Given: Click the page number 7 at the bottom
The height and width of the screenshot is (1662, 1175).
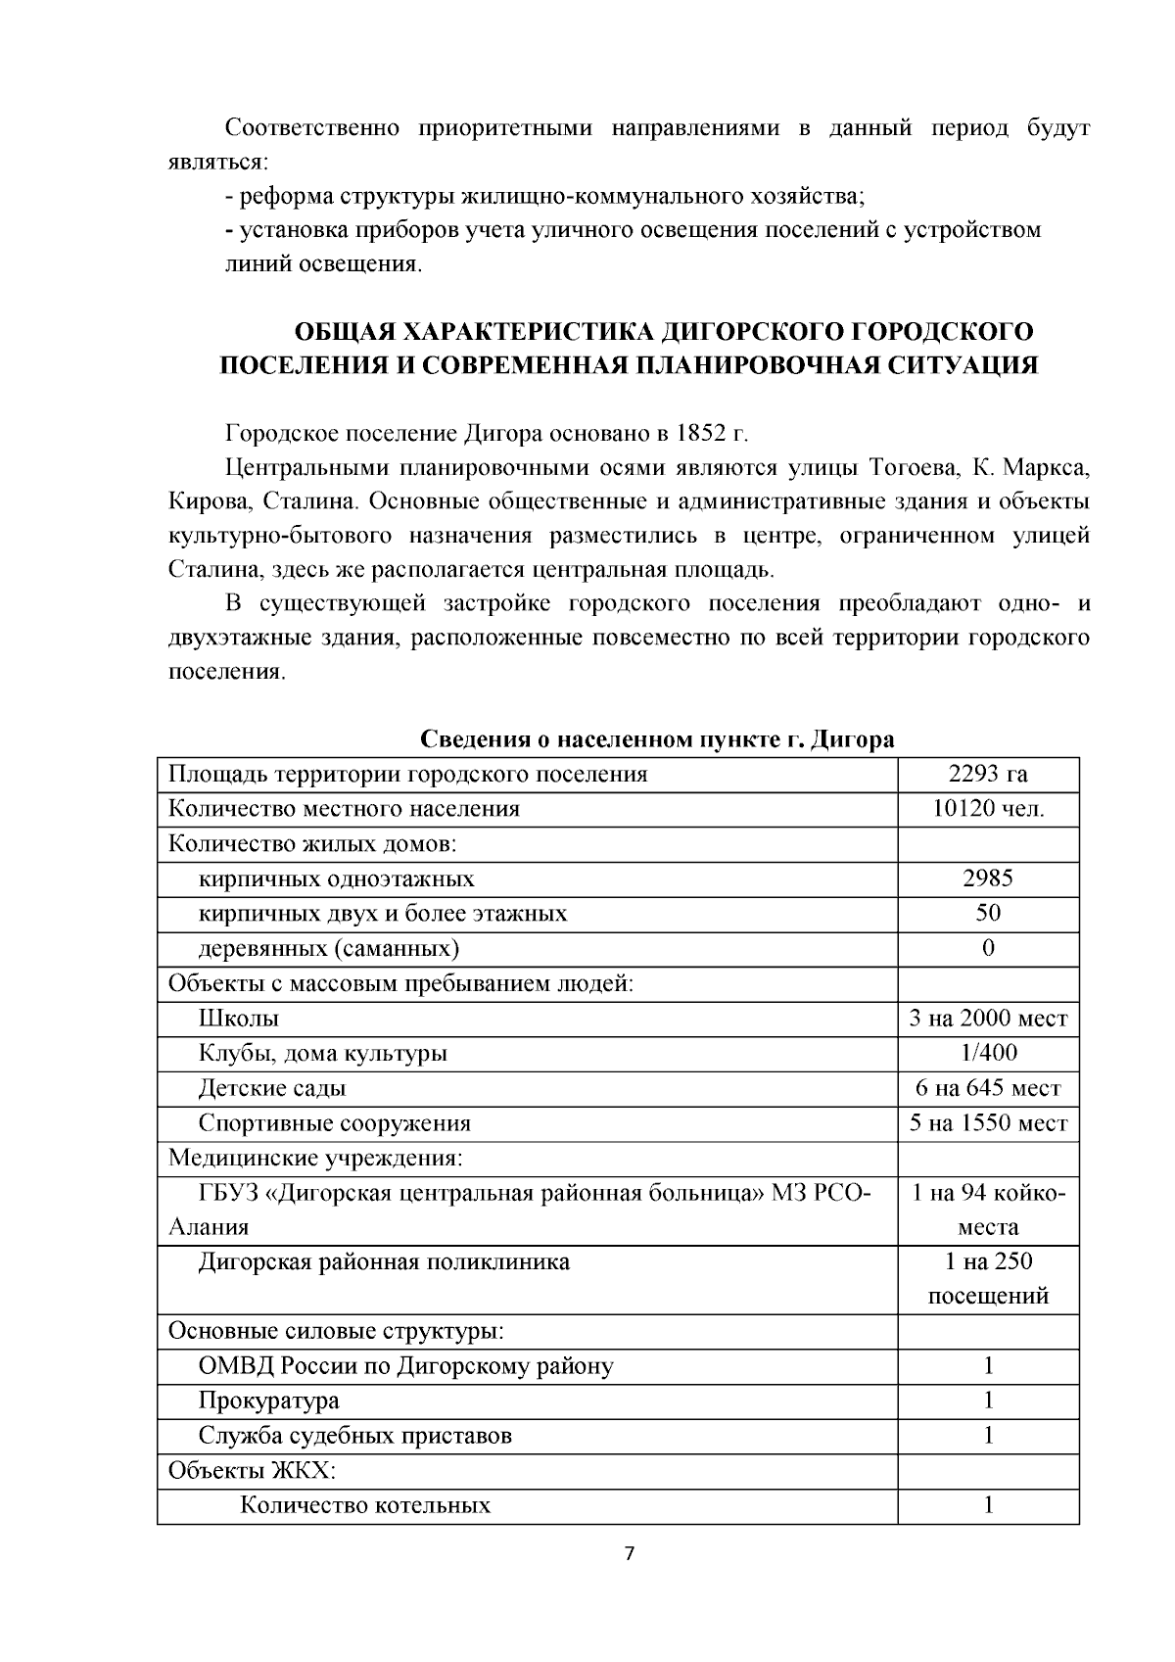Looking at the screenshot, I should (630, 1553).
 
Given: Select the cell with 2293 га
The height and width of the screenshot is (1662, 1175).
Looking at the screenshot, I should (987, 774).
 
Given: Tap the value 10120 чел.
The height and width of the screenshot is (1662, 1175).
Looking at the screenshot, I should (987, 809).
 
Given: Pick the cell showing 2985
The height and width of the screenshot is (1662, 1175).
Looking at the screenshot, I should (987, 878).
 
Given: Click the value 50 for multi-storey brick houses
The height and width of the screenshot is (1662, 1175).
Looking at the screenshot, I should (987, 913).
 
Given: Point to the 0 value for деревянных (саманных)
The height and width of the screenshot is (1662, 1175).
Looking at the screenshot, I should (987, 948).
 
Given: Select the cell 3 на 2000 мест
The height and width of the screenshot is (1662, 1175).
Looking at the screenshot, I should (987, 1019).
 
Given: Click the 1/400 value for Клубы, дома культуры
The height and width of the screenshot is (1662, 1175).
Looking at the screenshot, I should (987, 1053).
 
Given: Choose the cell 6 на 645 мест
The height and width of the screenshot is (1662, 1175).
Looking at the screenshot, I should (987, 1088).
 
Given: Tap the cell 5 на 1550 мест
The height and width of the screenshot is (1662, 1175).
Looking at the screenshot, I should (987, 1123).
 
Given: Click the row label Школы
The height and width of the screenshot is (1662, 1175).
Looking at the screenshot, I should (239, 1019).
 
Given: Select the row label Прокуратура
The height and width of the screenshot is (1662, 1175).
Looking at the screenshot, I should (268, 1401).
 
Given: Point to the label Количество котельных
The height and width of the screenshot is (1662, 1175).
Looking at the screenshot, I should (365, 1505).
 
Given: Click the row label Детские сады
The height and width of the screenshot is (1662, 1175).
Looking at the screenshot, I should (271, 1088).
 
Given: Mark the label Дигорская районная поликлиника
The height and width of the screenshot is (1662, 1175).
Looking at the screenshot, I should (384, 1261).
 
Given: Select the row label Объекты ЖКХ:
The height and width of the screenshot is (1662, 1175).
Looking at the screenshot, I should (252, 1470).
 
